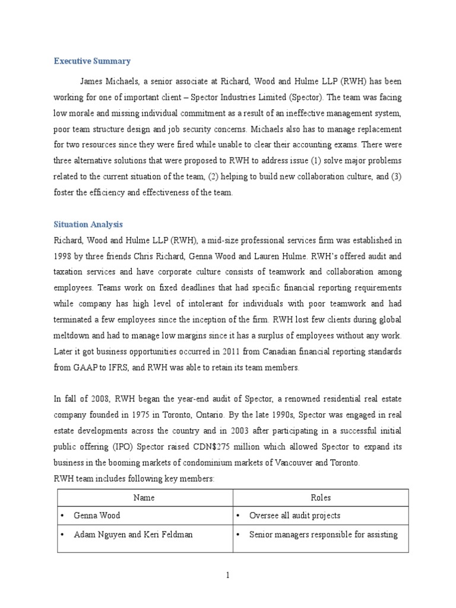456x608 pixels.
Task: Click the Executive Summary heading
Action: tap(92, 61)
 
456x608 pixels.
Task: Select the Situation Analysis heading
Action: tap(88, 224)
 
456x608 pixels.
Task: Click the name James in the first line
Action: tap(91, 81)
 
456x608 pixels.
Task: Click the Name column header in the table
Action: tap(144, 498)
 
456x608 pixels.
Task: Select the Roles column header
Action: tap(321, 498)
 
